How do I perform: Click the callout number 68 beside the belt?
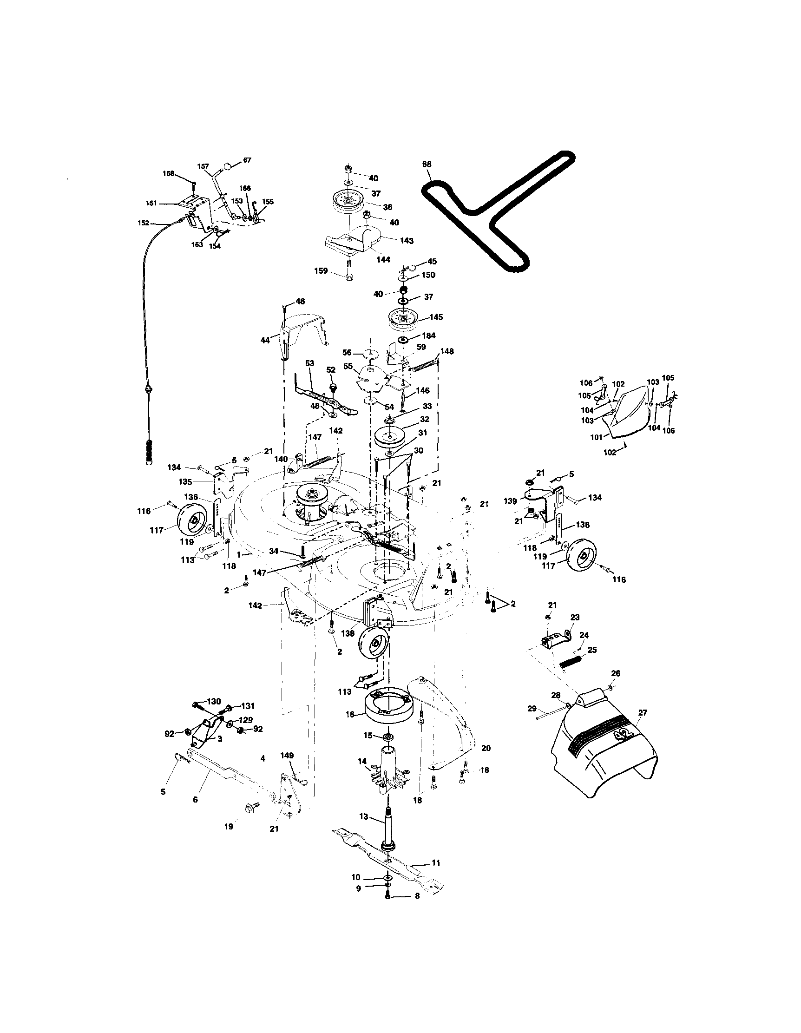pyautogui.click(x=427, y=164)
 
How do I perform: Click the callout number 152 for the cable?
pyautogui.click(x=143, y=222)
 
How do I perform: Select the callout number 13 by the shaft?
pyautogui.click(x=364, y=816)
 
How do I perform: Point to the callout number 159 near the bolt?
pyautogui.click(x=321, y=271)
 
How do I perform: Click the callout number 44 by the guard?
pyautogui.click(x=265, y=340)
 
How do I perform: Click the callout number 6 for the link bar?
pyautogui.click(x=195, y=800)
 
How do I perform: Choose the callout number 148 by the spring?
pyautogui.click(x=447, y=351)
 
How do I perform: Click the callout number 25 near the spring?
pyautogui.click(x=592, y=651)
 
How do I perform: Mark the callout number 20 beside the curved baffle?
pyautogui.click(x=486, y=748)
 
